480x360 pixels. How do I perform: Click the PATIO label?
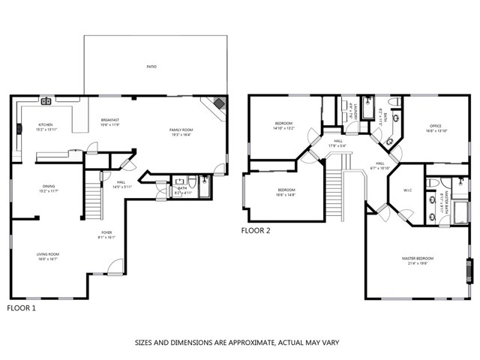click(151, 67)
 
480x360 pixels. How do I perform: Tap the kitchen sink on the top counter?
click(46, 100)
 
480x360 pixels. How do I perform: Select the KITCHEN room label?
click(46, 126)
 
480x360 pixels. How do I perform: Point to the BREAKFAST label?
click(110, 121)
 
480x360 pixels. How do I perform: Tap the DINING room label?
click(49, 187)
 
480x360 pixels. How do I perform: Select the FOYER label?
click(107, 234)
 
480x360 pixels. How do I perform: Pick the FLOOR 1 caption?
click(22, 307)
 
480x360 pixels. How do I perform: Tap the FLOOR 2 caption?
click(256, 231)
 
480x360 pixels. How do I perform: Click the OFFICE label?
click(436, 127)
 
